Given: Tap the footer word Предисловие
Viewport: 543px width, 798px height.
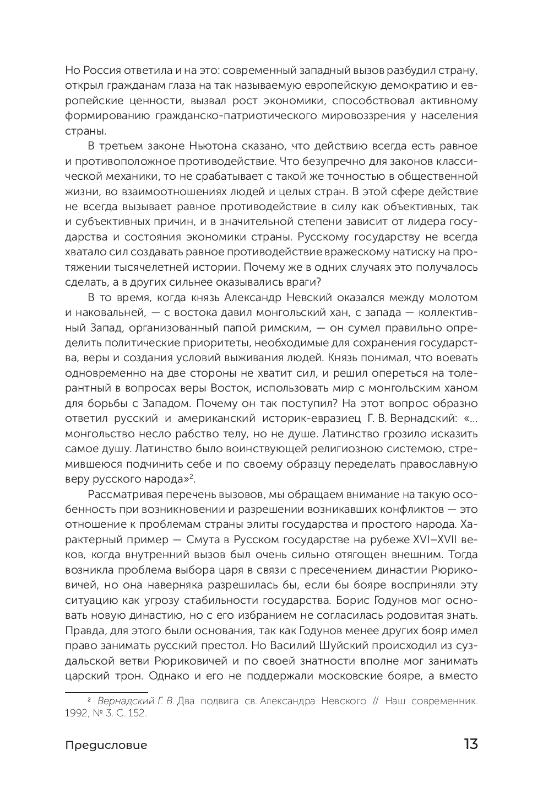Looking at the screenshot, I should pyautogui.click(x=106, y=745).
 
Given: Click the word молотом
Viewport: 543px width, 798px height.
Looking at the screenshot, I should pyautogui.click(x=454, y=297).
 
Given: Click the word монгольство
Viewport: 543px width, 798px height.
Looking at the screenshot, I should pyautogui.click(x=97, y=433).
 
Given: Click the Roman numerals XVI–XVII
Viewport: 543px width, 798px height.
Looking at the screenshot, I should pyautogui.click(x=431, y=538).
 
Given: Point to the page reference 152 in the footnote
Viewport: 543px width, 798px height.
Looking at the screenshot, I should pyautogui.click(x=138, y=713).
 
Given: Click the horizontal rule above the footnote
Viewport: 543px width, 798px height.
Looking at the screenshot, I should pyautogui.click(x=106, y=692).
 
